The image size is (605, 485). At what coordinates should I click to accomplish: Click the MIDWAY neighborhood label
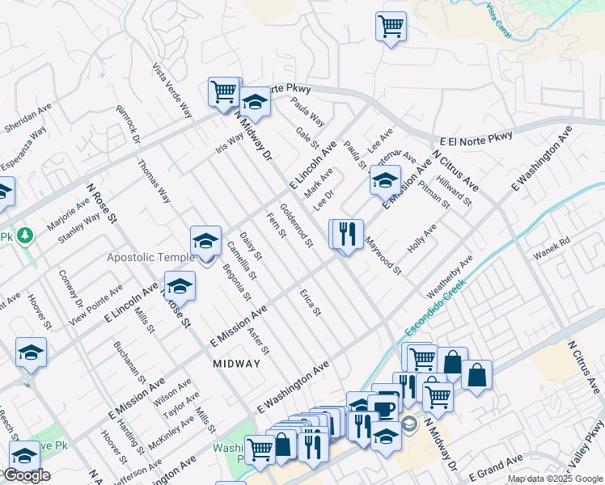237,364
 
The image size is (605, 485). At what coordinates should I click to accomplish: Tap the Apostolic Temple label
150,257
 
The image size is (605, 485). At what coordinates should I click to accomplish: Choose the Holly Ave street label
421,238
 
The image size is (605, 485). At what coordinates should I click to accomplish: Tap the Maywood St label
382,255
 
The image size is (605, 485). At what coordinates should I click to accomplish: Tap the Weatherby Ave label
449,277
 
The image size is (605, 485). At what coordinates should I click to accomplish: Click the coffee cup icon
383,408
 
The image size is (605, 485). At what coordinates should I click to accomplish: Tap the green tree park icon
26,235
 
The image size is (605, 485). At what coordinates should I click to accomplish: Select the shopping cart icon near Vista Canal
391,26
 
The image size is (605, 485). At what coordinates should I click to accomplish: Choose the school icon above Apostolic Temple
205,240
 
